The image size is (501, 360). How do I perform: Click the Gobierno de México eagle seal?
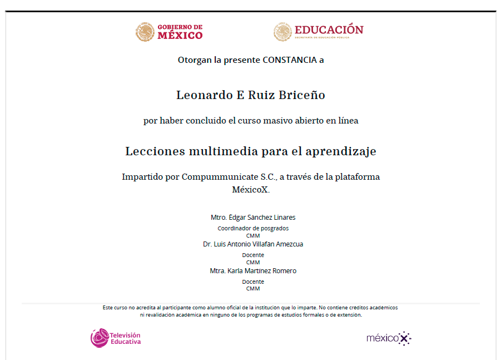[x=145, y=32]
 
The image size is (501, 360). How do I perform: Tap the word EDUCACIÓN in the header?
[x=329, y=29]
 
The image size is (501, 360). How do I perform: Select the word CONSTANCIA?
[x=289, y=60]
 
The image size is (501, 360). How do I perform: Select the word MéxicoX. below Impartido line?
[x=250, y=189]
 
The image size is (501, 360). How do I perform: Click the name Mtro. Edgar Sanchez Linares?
[x=253, y=218]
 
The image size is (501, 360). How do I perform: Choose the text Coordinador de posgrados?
[x=253, y=228]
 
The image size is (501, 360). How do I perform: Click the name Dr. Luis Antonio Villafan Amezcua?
[x=253, y=244]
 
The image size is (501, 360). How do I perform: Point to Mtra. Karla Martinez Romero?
[x=253, y=271]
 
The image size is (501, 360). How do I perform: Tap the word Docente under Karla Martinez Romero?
[x=253, y=282]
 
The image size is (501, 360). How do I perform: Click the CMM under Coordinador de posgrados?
[x=253, y=235]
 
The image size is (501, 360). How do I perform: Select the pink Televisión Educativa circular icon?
[x=100, y=338]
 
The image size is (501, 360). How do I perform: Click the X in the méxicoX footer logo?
[x=405, y=338]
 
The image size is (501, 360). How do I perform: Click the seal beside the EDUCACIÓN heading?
[x=282, y=32]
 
